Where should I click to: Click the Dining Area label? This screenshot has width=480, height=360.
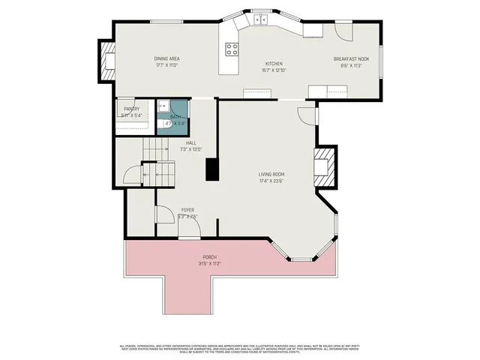(x=166, y=58)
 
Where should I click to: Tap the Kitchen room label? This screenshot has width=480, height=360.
(x=273, y=64)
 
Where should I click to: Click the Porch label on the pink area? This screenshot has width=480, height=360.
(x=208, y=257)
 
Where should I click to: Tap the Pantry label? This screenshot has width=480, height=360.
(x=131, y=109)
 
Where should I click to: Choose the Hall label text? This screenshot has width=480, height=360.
(x=191, y=142)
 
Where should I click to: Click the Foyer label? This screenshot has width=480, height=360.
(x=187, y=210)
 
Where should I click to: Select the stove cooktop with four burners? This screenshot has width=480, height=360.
(x=232, y=50)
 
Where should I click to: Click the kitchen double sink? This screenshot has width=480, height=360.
(x=260, y=20)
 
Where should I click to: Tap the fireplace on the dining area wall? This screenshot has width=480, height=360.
(x=108, y=61)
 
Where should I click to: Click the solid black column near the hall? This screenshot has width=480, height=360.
(x=213, y=169)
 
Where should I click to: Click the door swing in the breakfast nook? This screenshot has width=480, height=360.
(x=343, y=31)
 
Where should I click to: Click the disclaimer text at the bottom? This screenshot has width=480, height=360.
(x=240, y=349)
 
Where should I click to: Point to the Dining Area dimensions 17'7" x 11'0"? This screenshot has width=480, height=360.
(x=166, y=65)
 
